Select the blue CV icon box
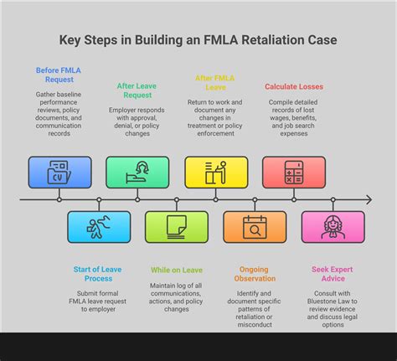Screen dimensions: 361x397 coord(59,172)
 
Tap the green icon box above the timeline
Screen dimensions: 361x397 coord(137,172)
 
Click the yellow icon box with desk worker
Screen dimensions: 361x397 coord(215,172)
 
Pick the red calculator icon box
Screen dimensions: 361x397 coord(293,172)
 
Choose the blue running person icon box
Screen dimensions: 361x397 coord(99,227)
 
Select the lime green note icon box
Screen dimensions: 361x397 coord(177,227)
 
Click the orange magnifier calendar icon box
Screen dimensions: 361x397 coord(255,227)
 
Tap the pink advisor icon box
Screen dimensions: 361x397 coord(333,227)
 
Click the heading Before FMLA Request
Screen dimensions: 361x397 coord(59,75)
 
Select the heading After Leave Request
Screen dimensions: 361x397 coord(137,90)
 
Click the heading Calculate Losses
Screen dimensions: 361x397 coord(293,86)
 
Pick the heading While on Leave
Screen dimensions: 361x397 coord(177,270)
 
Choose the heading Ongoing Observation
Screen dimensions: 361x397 coord(255,275)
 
